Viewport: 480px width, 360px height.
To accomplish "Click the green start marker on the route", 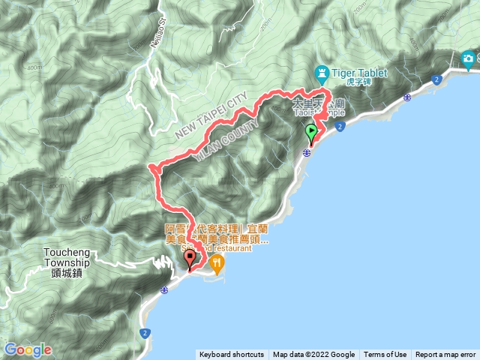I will click(x=311, y=133).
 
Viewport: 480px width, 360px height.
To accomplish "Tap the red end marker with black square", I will click(x=189, y=259).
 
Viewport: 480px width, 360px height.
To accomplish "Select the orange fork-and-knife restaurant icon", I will click(x=217, y=262).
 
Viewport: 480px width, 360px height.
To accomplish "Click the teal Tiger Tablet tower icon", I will click(x=322, y=73).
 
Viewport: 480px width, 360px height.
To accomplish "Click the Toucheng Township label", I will click(x=67, y=258).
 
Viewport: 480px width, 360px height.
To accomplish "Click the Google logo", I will click(x=28, y=349).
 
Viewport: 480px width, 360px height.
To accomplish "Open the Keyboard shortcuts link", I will click(x=232, y=355).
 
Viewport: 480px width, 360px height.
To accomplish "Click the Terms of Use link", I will click(x=385, y=355).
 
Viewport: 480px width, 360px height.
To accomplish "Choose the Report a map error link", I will click(x=445, y=355).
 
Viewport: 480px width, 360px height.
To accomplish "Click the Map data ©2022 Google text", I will click(x=313, y=355).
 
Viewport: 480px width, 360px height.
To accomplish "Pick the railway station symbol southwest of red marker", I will click(x=164, y=289).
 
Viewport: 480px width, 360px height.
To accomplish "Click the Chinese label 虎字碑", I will click(x=356, y=82).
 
